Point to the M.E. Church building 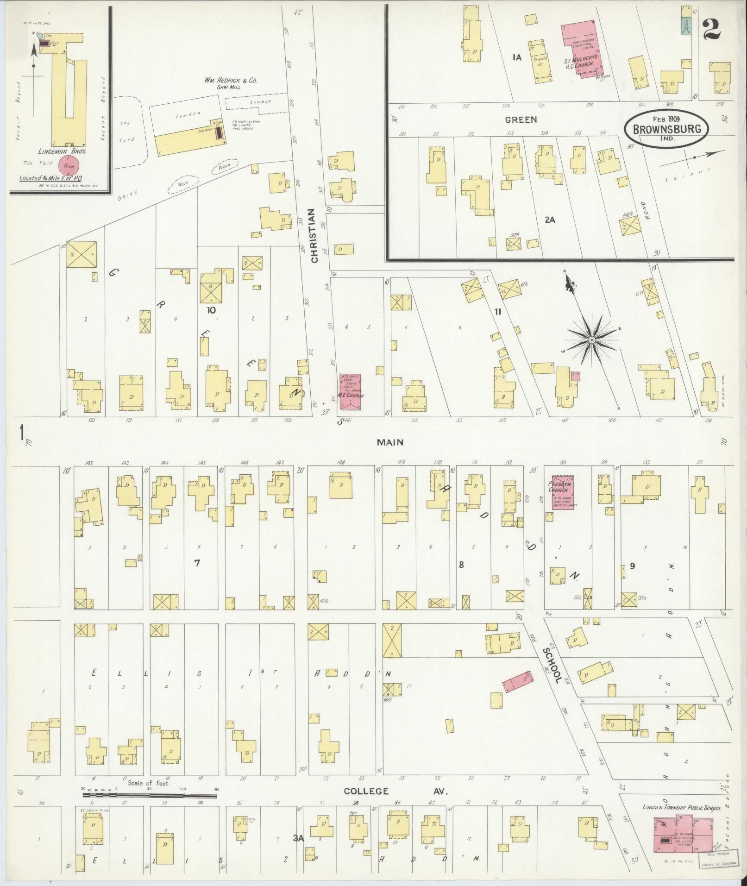point(351,392)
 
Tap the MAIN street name point(389,442)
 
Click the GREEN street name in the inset point(521,119)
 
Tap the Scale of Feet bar point(150,795)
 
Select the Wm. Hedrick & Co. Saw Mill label point(231,83)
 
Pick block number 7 point(197,563)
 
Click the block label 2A point(550,220)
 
